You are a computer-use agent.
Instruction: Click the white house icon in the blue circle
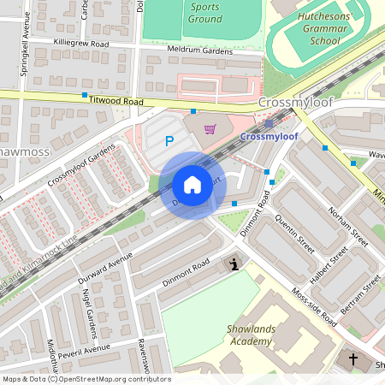[x=192, y=185]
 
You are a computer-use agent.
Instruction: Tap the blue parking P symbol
[x=169, y=141]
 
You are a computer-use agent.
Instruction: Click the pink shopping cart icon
[x=210, y=129]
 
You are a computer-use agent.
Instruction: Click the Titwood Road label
[x=115, y=100]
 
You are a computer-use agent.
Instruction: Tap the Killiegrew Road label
[x=80, y=42]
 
